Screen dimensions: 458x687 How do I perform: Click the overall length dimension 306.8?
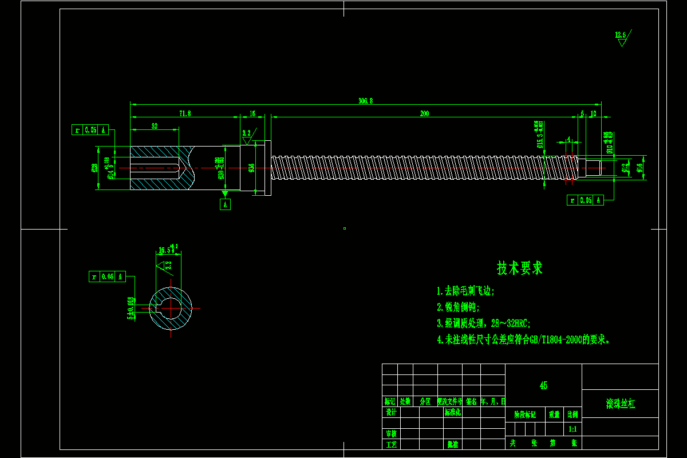[x=366, y=101]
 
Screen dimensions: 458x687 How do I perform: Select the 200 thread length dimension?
[x=424, y=114]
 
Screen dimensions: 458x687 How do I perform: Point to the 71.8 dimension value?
[x=185, y=114]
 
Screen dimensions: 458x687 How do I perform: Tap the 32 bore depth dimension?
[x=155, y=126]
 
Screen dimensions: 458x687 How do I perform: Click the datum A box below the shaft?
[x=225, y=204]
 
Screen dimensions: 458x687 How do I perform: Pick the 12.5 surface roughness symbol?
[x=621, y=35]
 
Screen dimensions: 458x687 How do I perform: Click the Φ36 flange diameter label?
[x=251, y=168]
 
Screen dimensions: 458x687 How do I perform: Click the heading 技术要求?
[x=520, y=268]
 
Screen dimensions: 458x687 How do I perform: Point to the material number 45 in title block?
[x=543, y=386]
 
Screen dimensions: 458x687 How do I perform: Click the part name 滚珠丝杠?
[x=621, y=404]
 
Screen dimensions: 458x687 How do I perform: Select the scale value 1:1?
[x=572, y=429]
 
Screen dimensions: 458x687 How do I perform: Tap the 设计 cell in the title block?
[x=391, y=412]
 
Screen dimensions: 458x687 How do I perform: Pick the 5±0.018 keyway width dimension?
[x=131, y=309]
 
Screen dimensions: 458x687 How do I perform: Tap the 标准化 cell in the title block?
[x=452, y=412]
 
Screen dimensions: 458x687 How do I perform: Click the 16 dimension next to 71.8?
[x=252, y=114]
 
